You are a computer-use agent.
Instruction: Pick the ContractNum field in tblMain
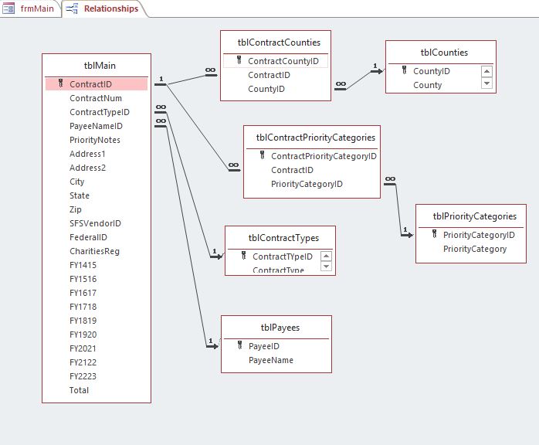pyautogui.click(x=96, y=98)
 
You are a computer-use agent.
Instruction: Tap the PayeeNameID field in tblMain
pyautogui.click(x=96, y=126)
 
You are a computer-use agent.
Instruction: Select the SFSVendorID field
pyautogui.click(x=95, y=223)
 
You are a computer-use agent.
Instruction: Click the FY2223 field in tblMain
pyautogui.click(x=83, y=376)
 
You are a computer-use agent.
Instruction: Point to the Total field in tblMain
pyautogui.click(x=79, y=390)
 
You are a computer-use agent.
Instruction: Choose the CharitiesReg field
pyautogui.click(x=94, y=251)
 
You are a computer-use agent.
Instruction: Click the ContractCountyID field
pyautogui.click(x=283, y=61)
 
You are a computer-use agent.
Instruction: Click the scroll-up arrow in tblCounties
pyautogui.click(x=486, y=71)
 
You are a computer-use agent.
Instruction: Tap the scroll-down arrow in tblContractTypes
pyautogui.click(x=326, y=267)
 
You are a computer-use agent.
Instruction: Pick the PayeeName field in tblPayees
pyautogui.click(x=270, y=360)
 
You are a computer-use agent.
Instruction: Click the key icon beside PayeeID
pyautogui.click(x=240, y=346)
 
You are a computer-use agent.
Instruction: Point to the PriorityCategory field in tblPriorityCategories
pyautogui.click(x=475, y=249)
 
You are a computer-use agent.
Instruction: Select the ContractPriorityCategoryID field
pyautogui.click(x=324, y=156)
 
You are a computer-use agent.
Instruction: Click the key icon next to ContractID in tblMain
pyautogui.click(x=61, y=83)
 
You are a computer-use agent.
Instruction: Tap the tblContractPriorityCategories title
pyautogui.click(x=316, y=138)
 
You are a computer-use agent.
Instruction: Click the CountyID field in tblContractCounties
pyautogui.click(x=266, y=89)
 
